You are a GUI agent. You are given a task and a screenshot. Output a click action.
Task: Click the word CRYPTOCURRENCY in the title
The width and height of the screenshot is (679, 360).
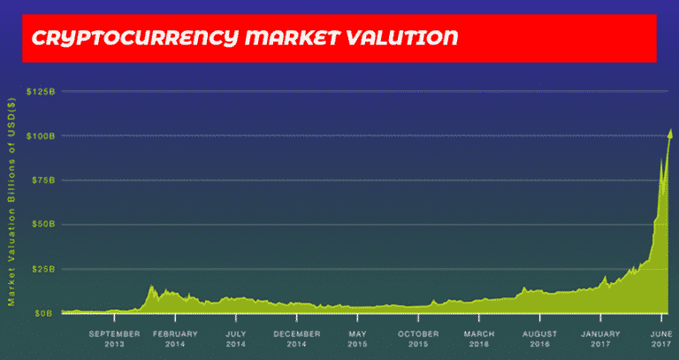tap(135, 39)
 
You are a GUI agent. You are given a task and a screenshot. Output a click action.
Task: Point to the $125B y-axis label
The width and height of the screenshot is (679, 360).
tap(42, 91)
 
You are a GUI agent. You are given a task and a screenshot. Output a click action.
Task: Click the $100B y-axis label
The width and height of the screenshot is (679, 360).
tap(42, 136)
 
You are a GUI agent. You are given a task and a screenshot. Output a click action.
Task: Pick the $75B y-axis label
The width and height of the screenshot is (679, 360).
tap(43, 180)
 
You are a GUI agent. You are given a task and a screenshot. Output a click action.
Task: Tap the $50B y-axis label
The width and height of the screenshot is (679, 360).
tap(43, 225)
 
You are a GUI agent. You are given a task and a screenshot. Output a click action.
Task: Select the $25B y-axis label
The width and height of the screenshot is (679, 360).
tap(43, 269)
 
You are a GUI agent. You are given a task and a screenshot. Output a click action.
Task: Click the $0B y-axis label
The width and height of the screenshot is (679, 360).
tap(46, 313)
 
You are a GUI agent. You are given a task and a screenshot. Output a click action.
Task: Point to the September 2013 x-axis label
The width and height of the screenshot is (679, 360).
tap(114, 339)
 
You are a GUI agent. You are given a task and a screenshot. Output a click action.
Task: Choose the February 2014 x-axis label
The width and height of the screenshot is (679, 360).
tap(175, 339)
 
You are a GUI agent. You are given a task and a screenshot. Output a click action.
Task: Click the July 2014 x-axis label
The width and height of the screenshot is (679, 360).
tap(236, 339)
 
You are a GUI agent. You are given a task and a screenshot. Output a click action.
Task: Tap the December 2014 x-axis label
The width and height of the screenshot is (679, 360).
tap(297, 339)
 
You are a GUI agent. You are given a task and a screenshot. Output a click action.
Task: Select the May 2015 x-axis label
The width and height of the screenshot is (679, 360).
tap(357, 339)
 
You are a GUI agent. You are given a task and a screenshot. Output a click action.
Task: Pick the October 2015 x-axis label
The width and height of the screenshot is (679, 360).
tap(418, 339)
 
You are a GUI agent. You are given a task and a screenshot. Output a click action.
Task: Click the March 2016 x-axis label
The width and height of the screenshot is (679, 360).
tap(479, 339)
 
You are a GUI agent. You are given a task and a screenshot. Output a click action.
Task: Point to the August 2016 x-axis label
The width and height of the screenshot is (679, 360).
tap(539, 339)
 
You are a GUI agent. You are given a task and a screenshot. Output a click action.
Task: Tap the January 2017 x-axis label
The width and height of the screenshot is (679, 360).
tap(600, 339)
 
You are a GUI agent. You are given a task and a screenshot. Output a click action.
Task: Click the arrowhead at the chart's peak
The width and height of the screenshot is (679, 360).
tap(671, 134)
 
